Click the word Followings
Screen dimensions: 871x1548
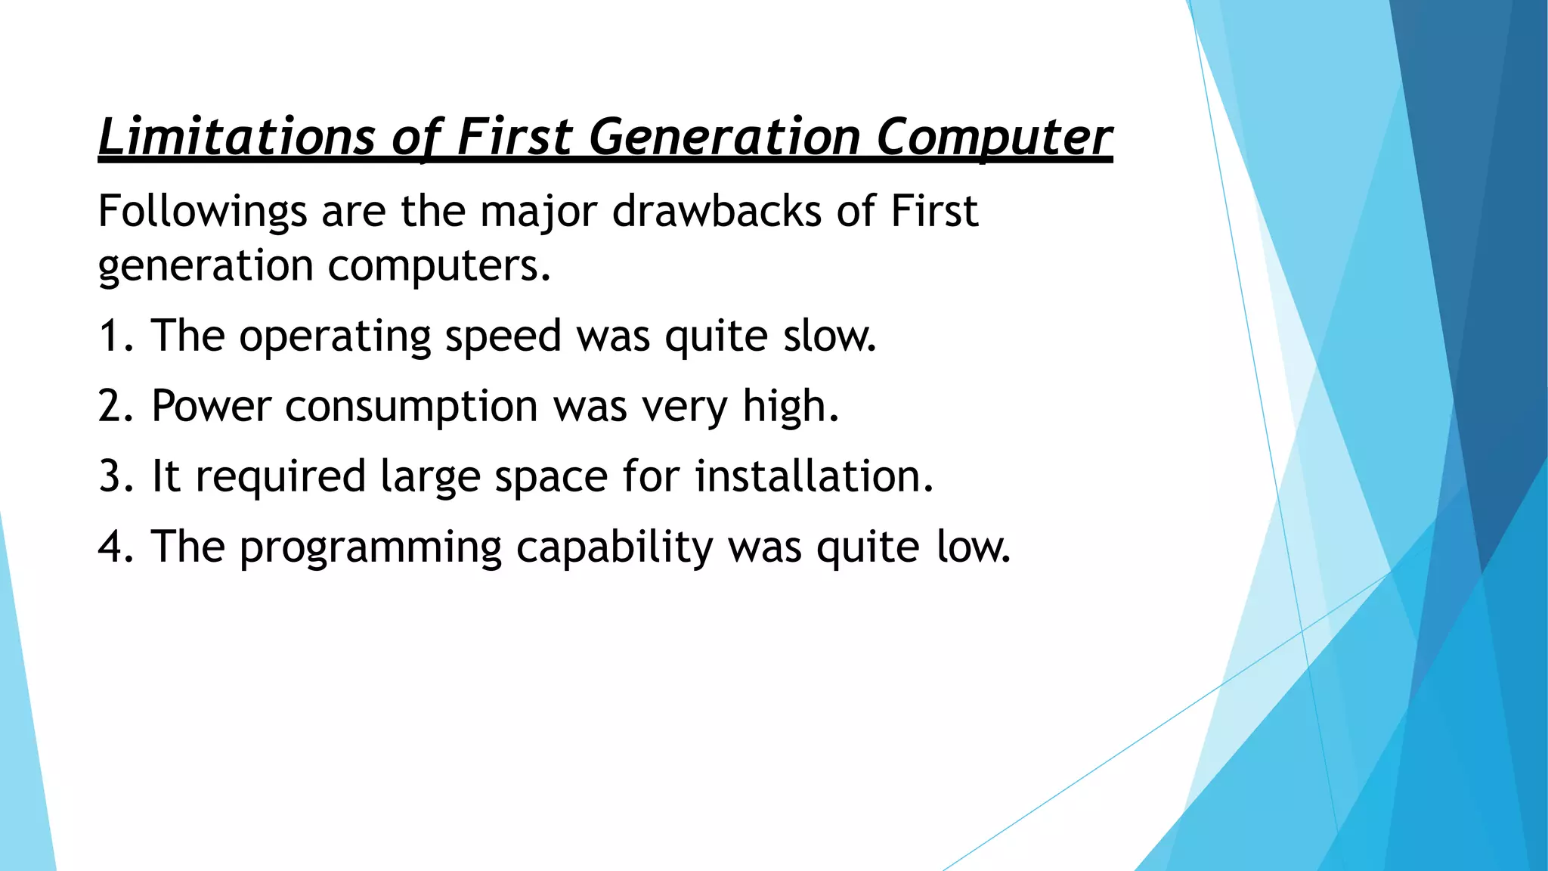click(x=202, y=211)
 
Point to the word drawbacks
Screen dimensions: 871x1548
click(x=716, y=211)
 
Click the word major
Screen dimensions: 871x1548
click(x=539, y=211)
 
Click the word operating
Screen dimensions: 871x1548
click(x=335, y=337)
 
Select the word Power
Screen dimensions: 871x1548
click(x=211, y=406)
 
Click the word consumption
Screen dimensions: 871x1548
click(x=411, y=408)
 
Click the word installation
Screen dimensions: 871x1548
click(x=814, y=476)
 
